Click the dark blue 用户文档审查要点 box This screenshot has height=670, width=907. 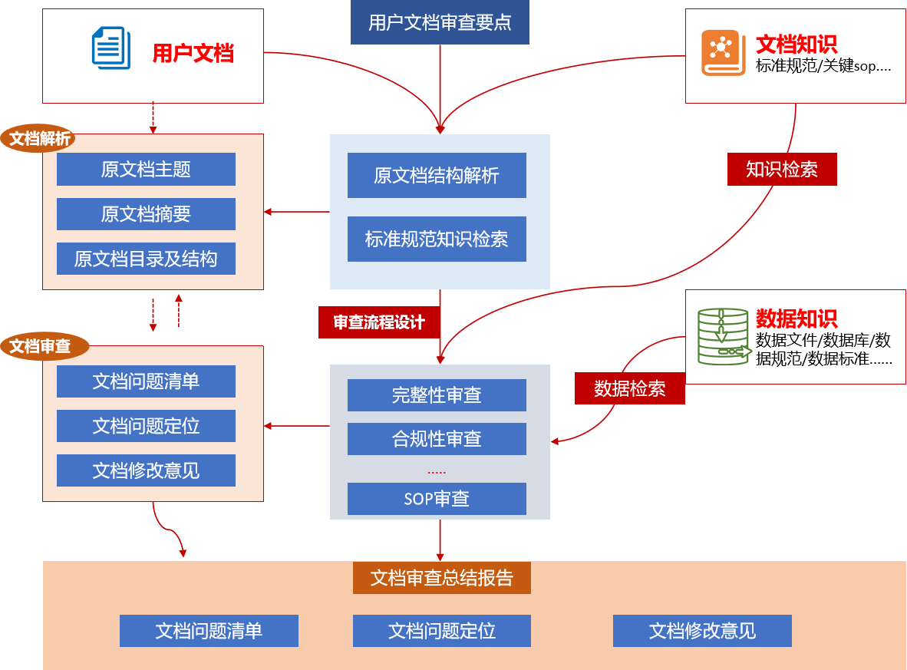click(x=440, y=22)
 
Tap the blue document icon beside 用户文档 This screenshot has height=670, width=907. click(x=110, y=48)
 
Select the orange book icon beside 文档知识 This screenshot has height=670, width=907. click(x=723, y=53)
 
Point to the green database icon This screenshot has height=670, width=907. click(x=723, y=336)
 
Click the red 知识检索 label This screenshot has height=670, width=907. click(x=782, y=170)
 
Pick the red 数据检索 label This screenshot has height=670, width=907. click(x=629, y=389)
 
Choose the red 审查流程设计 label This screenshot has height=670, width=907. click(x=379, y=322)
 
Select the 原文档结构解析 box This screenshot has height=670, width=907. click(x=437, y=176)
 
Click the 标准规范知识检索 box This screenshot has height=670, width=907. click(x=437, y=239)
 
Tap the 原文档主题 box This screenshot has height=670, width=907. click(x=146, y=169)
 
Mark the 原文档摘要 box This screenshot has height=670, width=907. click(x=146, y=214)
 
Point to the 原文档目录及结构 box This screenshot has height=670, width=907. click(x=146, y=259)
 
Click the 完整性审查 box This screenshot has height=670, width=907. click(x=437, y=395)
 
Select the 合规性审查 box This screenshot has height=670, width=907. click(x=437, y=439)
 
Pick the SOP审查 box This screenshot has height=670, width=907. click(x=437, y=499)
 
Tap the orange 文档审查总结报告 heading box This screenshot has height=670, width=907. click(x=441, y=578)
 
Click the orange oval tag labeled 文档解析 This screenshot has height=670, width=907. click(x=40, y=139)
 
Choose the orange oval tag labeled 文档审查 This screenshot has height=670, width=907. click(x=40, y=346)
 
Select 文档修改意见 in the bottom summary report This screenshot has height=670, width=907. click(x=702, y=631)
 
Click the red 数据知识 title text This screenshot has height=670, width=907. click(x=797, y=318)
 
